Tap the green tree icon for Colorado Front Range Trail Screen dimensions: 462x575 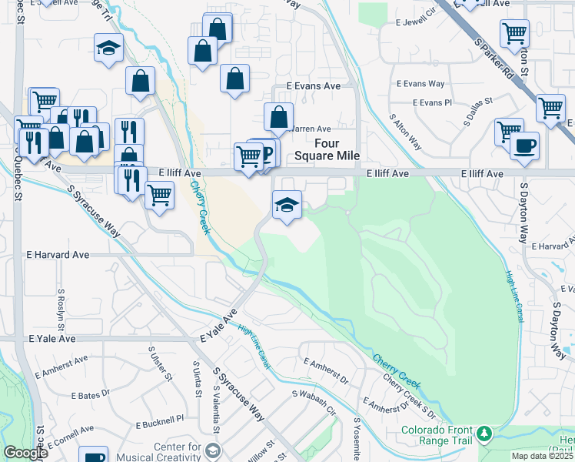(484, 435)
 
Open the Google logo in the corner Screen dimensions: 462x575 (25, 453)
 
